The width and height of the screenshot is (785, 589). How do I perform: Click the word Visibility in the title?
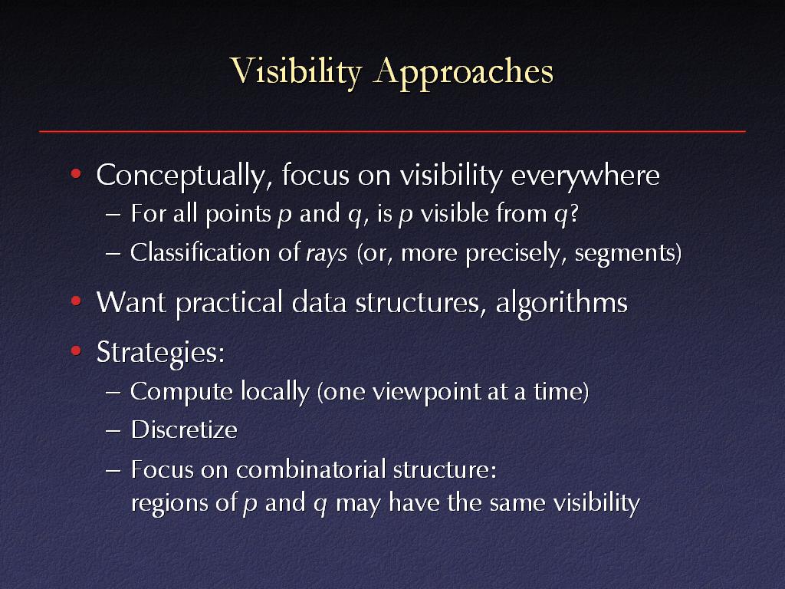click(296, 71)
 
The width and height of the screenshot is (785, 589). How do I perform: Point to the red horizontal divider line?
click(392, 132)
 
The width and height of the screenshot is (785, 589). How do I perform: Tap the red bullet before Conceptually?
click(76, 174)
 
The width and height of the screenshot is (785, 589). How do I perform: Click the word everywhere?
click(585, 176)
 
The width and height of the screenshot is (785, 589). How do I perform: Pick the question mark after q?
click(573, 213)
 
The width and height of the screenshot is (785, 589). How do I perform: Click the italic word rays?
click(327, 253)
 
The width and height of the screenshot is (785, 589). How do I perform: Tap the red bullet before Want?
click(76, 301)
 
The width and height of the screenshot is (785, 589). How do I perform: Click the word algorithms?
click(561, 304)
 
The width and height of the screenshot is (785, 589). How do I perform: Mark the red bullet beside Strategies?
click(76, 351)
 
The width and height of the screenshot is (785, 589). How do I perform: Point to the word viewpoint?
click(426, 392)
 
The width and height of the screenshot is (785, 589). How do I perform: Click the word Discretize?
click(184, 429)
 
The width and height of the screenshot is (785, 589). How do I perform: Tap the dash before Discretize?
click(113, 431)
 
